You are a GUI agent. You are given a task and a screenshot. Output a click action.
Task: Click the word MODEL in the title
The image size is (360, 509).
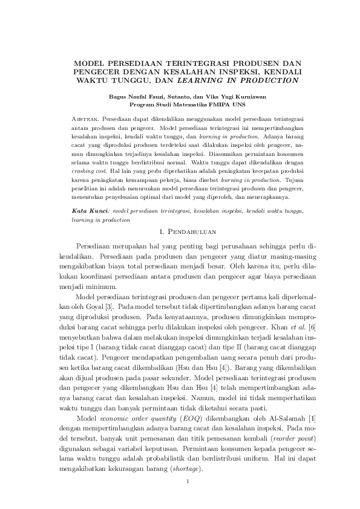tap(88, 62)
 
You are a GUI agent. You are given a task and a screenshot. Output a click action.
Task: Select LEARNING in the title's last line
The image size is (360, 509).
tap(206, 80)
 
